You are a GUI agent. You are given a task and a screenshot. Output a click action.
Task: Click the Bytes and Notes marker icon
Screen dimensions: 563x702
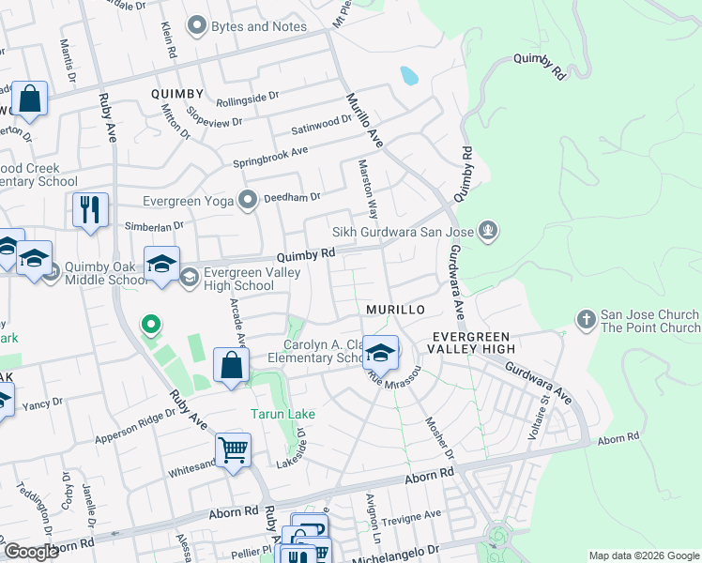pyautogui.click(x=197, y=26)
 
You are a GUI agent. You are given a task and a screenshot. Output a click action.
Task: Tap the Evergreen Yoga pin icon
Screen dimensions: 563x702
pyautogui.click(x=248, y=200)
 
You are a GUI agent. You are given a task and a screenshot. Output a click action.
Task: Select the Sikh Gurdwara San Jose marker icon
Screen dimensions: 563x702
pyautogui.click(x=486, y=231)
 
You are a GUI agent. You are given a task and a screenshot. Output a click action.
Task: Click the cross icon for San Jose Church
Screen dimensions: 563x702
pyautogui.click(x=587, y=321)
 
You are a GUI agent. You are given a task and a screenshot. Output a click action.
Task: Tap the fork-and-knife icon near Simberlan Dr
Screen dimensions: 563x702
pyautogui.click(x=91, y=210)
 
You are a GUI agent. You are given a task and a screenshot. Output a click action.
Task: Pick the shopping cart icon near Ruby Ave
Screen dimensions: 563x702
pyautogui.click(x=234, y=450)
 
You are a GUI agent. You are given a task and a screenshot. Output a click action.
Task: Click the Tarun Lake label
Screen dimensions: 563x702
pyautogui.click(x=282, y=414)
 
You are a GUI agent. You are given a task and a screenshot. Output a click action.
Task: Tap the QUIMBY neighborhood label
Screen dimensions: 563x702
pyautogui.click(x=177, y=94)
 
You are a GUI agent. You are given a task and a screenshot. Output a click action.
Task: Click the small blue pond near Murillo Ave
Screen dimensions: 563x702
pyautogui.click(x=408, y=75)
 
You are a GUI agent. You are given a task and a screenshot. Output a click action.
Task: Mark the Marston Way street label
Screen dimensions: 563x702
pyautogui.click(x=368, y=188)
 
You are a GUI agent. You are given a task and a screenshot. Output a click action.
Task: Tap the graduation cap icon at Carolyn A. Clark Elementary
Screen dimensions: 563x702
pyautogui.click(x=380, y=354)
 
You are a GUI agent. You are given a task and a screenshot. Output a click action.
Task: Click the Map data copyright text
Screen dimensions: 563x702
pyautogui.click(x=644, y=555)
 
